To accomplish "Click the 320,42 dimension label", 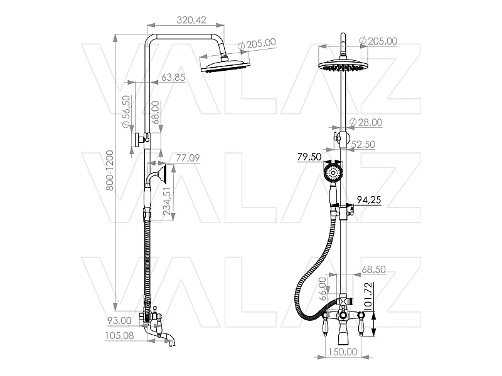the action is (191, 20).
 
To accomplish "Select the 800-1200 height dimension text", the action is (109, 170).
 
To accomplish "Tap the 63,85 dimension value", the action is (173, 77).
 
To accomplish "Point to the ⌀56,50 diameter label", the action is (127, 112).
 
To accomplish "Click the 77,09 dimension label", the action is (188, 158).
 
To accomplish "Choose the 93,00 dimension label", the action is (119, 320).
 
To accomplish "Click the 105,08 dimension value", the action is (119, 335).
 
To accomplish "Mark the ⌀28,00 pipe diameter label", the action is (366, 122).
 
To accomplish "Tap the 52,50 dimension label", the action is (363, 145).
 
